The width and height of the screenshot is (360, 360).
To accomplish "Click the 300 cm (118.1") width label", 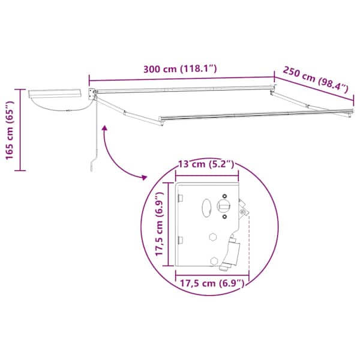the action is point(180,69).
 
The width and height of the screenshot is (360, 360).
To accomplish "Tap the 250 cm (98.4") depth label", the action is point(316,80).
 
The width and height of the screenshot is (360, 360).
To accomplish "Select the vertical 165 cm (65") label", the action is point(10,130).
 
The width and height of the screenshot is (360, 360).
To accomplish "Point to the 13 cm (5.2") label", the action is point(206,164).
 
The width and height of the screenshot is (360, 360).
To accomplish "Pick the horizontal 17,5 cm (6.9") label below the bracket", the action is point(212,283).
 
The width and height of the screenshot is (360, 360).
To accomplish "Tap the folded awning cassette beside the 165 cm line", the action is point(55,94).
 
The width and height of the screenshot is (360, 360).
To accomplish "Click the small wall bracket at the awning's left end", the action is point(92,94).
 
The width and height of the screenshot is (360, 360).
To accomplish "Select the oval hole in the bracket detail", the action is point(206,208).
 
